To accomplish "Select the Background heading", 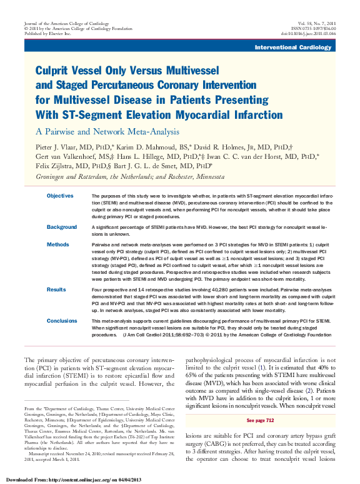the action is point(62,227).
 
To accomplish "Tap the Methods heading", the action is point(58,245).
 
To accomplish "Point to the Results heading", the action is point(57,290).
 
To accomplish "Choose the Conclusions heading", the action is point(62,321).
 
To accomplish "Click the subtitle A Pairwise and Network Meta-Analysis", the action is point(107,131).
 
